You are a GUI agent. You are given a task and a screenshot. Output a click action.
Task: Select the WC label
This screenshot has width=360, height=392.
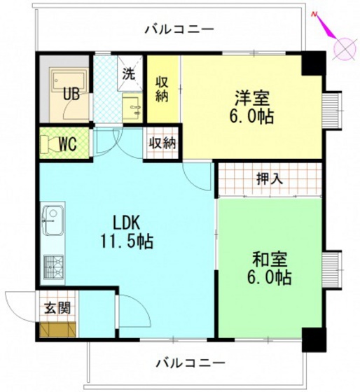click(67, 145)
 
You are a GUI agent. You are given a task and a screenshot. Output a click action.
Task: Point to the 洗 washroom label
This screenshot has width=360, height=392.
click(129, 72)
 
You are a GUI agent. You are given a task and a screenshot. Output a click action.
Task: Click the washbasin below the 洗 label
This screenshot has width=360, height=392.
click(132, 107)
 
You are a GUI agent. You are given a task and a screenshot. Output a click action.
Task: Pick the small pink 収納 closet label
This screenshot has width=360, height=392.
click(162, 143)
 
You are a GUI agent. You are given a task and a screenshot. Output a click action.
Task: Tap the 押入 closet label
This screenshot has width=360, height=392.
click(269, 178)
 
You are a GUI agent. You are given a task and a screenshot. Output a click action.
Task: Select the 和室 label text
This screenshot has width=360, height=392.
click(269, 259)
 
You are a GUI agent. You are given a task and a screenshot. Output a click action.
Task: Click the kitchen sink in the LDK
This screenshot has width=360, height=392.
click(53, 223)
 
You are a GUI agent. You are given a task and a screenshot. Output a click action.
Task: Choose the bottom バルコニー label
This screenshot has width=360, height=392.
click(190, 363)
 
